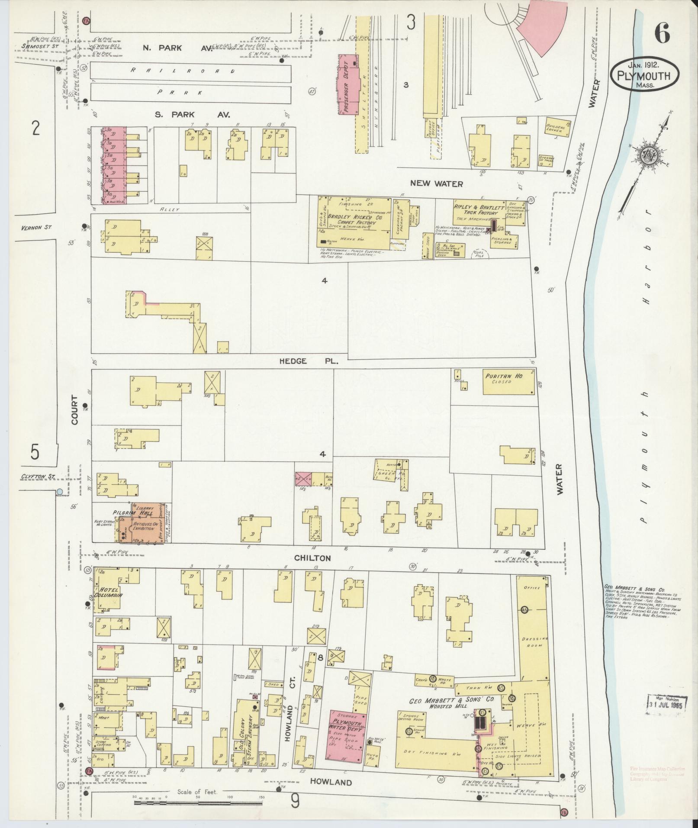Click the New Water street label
click(436, 184)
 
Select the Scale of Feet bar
click(198, 802)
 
